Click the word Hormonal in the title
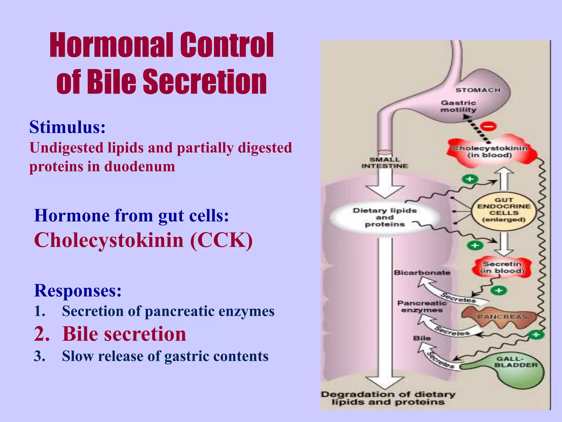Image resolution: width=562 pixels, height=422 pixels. pyautogui.click(x=111, y=45)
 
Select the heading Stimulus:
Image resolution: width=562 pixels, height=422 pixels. pyautogui.click(x=68, y=127)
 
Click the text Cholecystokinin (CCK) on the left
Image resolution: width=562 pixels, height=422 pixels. pyautogui.click(x=143, y=240)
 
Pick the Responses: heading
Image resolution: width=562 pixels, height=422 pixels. pyautogui.click(x=78, y=290)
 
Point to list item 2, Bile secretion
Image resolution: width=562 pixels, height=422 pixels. pyautogui.click(x=124, y=334)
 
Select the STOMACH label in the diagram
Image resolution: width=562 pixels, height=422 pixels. pyautogui.click(x=478, y=90)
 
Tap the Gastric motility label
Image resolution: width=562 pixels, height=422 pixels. pyautogui.click(x=458, y=106)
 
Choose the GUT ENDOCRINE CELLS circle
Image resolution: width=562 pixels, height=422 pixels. pyautogui.click(x=504, y=210)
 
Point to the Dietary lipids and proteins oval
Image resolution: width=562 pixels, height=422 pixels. pyautogui.click(x=384, y=217)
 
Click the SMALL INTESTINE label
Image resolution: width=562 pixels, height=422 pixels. pyautogui.click(x=385, y=163)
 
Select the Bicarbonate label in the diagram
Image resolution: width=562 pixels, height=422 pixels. pyautogui.click(x=422, y=273)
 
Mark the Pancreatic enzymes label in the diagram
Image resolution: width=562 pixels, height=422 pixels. pyautogui.click(x=422, y=307)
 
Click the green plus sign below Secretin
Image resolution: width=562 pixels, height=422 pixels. pyautogui.click(x=499, y=290)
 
